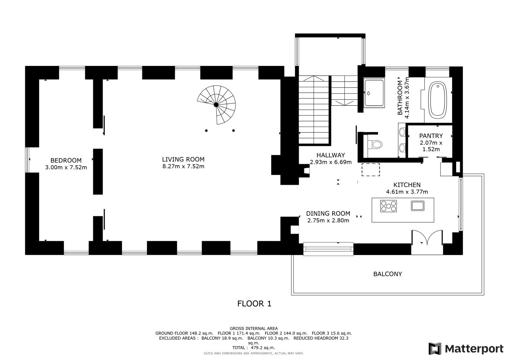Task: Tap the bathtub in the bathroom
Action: [437, 100]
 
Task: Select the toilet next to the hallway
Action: [375, 144]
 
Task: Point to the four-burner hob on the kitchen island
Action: [389, 206]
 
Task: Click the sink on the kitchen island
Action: [418, 206]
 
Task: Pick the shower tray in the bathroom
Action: [374, 93]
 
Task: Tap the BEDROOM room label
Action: [66, 161]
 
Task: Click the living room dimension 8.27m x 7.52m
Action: [183, 166]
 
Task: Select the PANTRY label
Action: [431, 136]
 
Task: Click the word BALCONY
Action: [388, 274]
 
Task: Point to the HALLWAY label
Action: [330, 155]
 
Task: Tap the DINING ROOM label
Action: [328, 214]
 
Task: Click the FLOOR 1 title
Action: [254, 304]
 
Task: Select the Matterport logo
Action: [466, 348]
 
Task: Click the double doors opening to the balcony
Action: [427, 238]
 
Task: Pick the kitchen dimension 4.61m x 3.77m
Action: [407, 192]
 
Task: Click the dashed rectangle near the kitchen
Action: [371, 170]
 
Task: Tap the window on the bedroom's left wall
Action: [27, 160]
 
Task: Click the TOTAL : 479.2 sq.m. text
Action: [254, 348]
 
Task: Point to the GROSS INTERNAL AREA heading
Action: [254, 329]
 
